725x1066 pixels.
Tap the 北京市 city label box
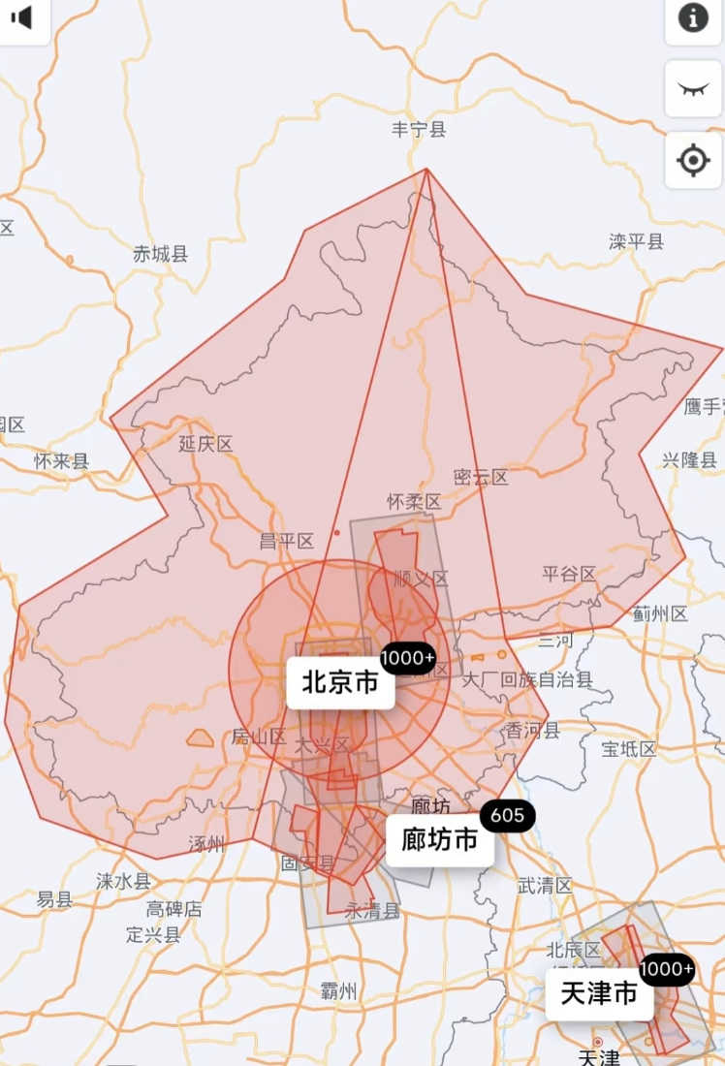[340, 682]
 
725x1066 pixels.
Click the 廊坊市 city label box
[439, 839]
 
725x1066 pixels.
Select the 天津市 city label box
[598, 994]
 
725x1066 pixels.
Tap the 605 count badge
[507, 816]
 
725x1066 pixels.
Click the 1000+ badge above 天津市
[667, 969]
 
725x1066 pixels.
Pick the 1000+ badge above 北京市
[408, 659]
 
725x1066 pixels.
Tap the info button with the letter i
[693, 18]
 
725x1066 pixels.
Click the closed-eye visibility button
[693, 89]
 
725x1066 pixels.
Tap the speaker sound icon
[21, 17]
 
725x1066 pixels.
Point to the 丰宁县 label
[419, 130]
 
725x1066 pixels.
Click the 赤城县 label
[161, 255]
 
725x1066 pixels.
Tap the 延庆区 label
[206, 444]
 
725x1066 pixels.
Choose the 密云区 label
[481, 477]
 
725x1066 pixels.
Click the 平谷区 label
[569, 574]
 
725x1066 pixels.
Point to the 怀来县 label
[61, 461]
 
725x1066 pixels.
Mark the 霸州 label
[338, 991]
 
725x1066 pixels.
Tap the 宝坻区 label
[629, 749]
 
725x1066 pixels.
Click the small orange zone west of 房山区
[201, 738]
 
